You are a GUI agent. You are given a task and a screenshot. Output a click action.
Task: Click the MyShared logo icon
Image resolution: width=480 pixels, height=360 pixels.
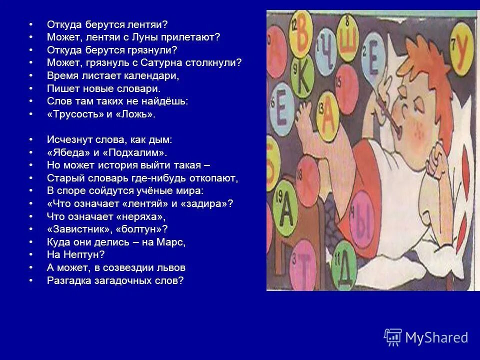point(393,337)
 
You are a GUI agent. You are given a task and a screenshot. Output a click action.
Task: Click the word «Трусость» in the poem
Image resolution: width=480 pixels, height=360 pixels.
point(71,114)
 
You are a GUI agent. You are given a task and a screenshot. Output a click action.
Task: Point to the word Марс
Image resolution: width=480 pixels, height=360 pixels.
point(171,242)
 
